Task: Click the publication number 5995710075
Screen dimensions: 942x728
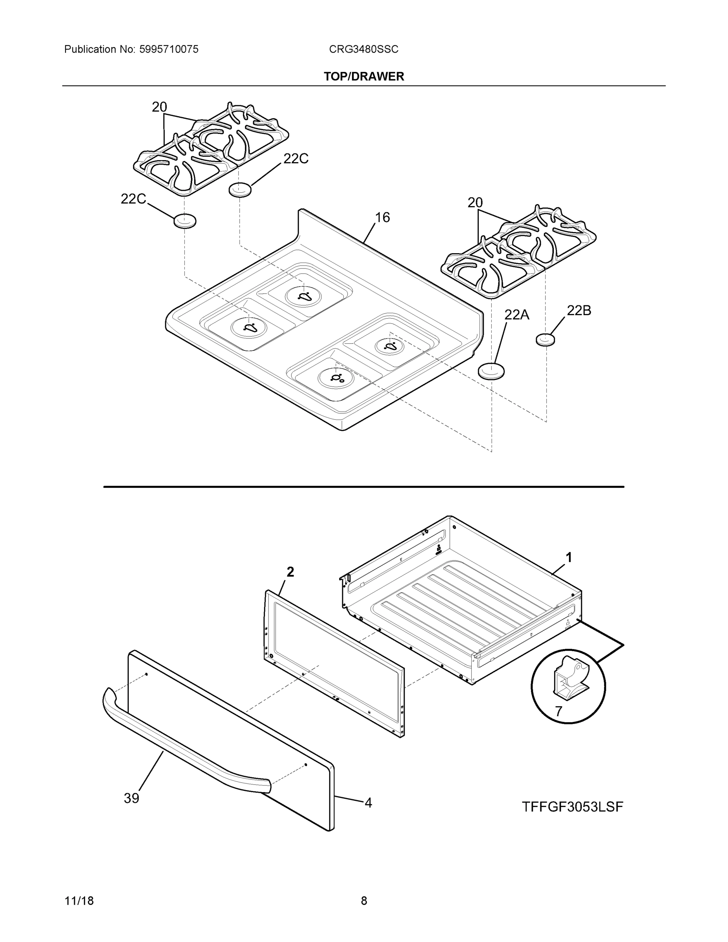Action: coord(169,49)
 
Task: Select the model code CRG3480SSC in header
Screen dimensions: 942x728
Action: coord(363,49)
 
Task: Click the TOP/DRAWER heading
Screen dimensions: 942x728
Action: coord(363,77)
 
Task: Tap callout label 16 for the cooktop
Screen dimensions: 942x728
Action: coord(382,217)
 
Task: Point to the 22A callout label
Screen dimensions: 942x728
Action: coord(517,315)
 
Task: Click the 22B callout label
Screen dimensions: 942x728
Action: coord(579,310)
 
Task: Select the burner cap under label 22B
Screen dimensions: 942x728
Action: coord(546,340)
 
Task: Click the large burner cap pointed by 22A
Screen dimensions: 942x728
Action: coord(491,371)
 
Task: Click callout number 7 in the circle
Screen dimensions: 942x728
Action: coord(558,711)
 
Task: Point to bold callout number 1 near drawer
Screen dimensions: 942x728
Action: coord(569,558)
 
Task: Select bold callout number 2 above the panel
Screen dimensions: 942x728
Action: coord(291,572)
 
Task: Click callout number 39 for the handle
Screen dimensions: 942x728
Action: coord(131,798)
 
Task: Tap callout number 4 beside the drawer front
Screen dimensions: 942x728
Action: coord(368,803)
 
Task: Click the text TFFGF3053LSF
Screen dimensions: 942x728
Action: coord(572,807)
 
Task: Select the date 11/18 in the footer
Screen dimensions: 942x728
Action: coord(79,901)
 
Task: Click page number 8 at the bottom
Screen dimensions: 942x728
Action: coord(363,901)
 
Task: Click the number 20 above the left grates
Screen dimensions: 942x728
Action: coord(159,107)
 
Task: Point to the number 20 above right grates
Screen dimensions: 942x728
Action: coord(475,203)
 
